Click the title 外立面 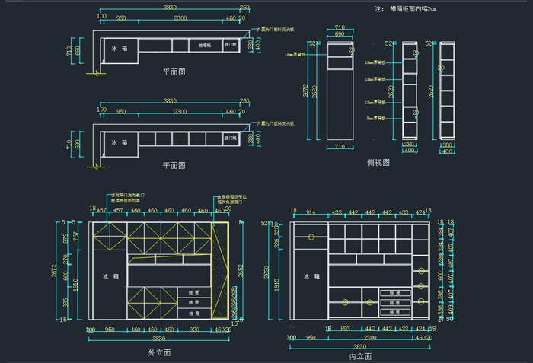[159, 353]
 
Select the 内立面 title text [360, 355]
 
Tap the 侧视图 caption [378, 162]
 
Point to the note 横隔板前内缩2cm [416, 8]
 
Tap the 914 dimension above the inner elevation [310, 212]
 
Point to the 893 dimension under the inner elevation [344, 329]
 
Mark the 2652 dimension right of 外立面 [241, 271]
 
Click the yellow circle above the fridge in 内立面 [312, 237]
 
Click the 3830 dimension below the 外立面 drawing [158, 338]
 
